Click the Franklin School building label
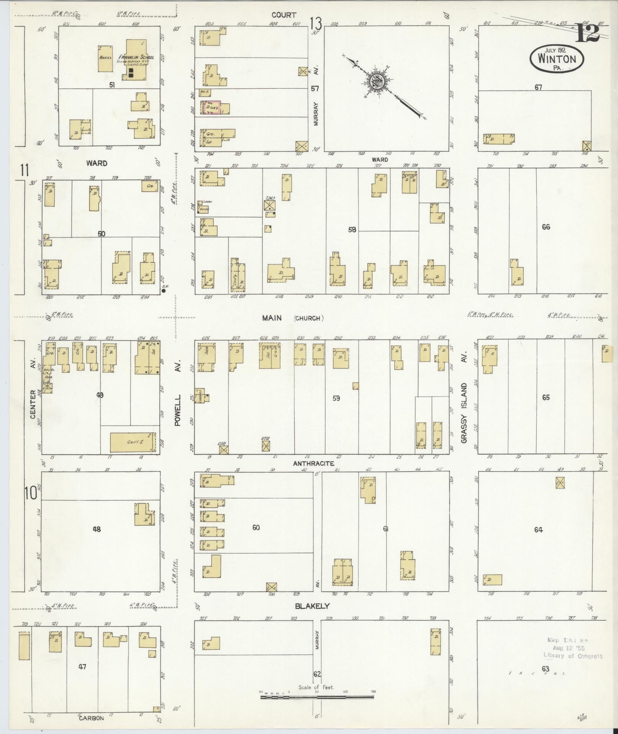138,57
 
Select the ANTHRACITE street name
313,463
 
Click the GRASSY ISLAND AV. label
465,397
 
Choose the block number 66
546,227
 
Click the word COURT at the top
284,15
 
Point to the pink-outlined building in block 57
211,108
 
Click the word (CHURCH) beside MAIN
309,318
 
